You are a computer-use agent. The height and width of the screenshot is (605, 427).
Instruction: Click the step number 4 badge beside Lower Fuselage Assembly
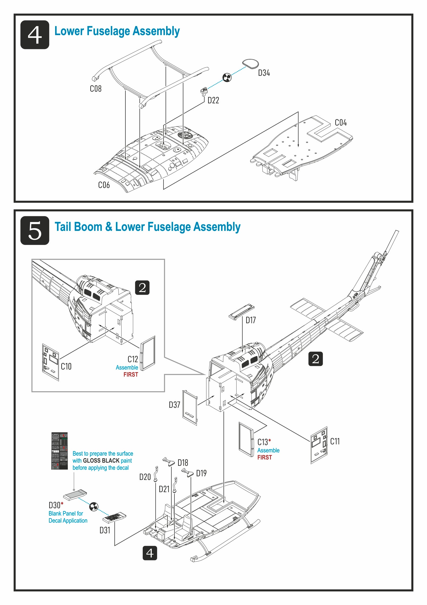coord(35,35)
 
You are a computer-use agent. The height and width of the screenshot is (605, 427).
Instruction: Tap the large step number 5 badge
coord(35,231)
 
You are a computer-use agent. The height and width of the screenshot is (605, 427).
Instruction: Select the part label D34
coord(264,73)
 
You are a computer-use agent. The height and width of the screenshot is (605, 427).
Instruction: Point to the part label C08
coord(95,89)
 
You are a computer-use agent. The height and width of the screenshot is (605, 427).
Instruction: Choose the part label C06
coord(104,185)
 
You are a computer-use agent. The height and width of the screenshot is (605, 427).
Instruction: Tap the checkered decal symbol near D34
coord(227,78)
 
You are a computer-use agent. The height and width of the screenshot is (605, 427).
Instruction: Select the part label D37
coord(174,405)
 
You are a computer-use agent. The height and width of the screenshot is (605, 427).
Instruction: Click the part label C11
coord(335,441)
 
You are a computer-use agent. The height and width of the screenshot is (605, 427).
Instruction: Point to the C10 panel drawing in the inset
coord(50,362)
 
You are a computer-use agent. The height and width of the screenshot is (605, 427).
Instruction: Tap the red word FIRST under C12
coord(131,374)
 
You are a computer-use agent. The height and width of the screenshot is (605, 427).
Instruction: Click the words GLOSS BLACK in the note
coord(101,461)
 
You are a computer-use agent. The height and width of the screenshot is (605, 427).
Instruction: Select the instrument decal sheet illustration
coord(60,451)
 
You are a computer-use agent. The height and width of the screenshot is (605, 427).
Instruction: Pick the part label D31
coord(105,530)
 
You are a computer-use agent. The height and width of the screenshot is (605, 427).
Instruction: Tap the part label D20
coord(145,477)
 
